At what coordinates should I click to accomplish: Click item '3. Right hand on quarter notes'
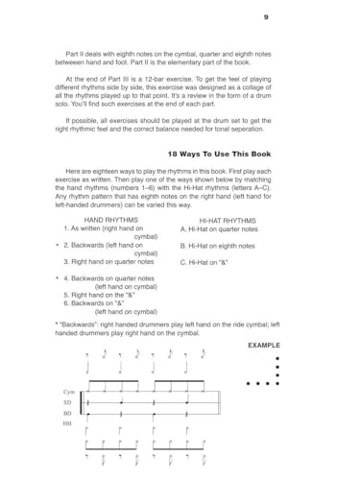point(108,261)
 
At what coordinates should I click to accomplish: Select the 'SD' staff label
point(66,403)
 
